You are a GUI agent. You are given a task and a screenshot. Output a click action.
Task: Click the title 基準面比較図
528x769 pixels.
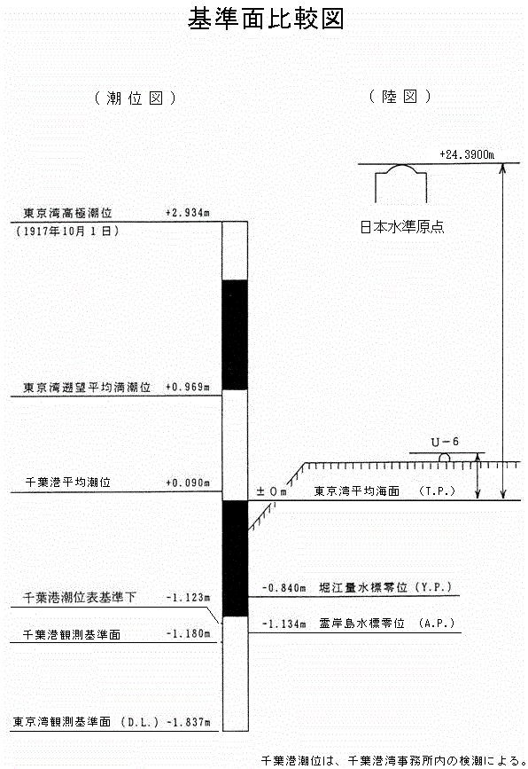point(266,20)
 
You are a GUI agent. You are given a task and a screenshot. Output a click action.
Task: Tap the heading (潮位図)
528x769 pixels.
point(135,98)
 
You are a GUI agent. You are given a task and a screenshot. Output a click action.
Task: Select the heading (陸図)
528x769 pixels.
point(400,97)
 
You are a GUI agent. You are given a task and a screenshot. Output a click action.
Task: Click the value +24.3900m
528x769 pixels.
point(467,155)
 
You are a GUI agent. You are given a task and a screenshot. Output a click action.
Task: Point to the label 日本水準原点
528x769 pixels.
point(402,227)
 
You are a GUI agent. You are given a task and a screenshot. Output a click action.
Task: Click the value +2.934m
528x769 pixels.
point(188,213)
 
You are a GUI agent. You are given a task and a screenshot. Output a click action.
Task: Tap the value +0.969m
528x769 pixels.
point(188,387)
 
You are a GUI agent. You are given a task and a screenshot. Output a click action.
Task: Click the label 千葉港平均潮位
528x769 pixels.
point(68,483)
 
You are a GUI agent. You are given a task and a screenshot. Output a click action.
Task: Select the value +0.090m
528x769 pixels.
point(188,483)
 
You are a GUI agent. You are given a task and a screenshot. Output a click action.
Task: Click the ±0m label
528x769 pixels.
point(271,491)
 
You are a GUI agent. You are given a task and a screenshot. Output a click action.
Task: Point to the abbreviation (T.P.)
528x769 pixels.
point(438,490)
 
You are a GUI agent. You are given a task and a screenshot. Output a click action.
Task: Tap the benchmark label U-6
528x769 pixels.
point(445,442)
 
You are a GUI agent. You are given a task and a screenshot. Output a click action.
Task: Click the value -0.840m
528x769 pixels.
point(284,587)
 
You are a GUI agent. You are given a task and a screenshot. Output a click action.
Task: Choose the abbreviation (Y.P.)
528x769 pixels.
point(433,587)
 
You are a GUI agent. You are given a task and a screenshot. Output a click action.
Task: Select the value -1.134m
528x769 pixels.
point(284,624)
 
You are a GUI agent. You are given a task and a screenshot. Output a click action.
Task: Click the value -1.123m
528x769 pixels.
point(188,597)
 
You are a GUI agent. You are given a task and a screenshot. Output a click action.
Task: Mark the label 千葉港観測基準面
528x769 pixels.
point(72,634)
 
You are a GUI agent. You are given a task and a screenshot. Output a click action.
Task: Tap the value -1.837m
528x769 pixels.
point(189,722)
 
